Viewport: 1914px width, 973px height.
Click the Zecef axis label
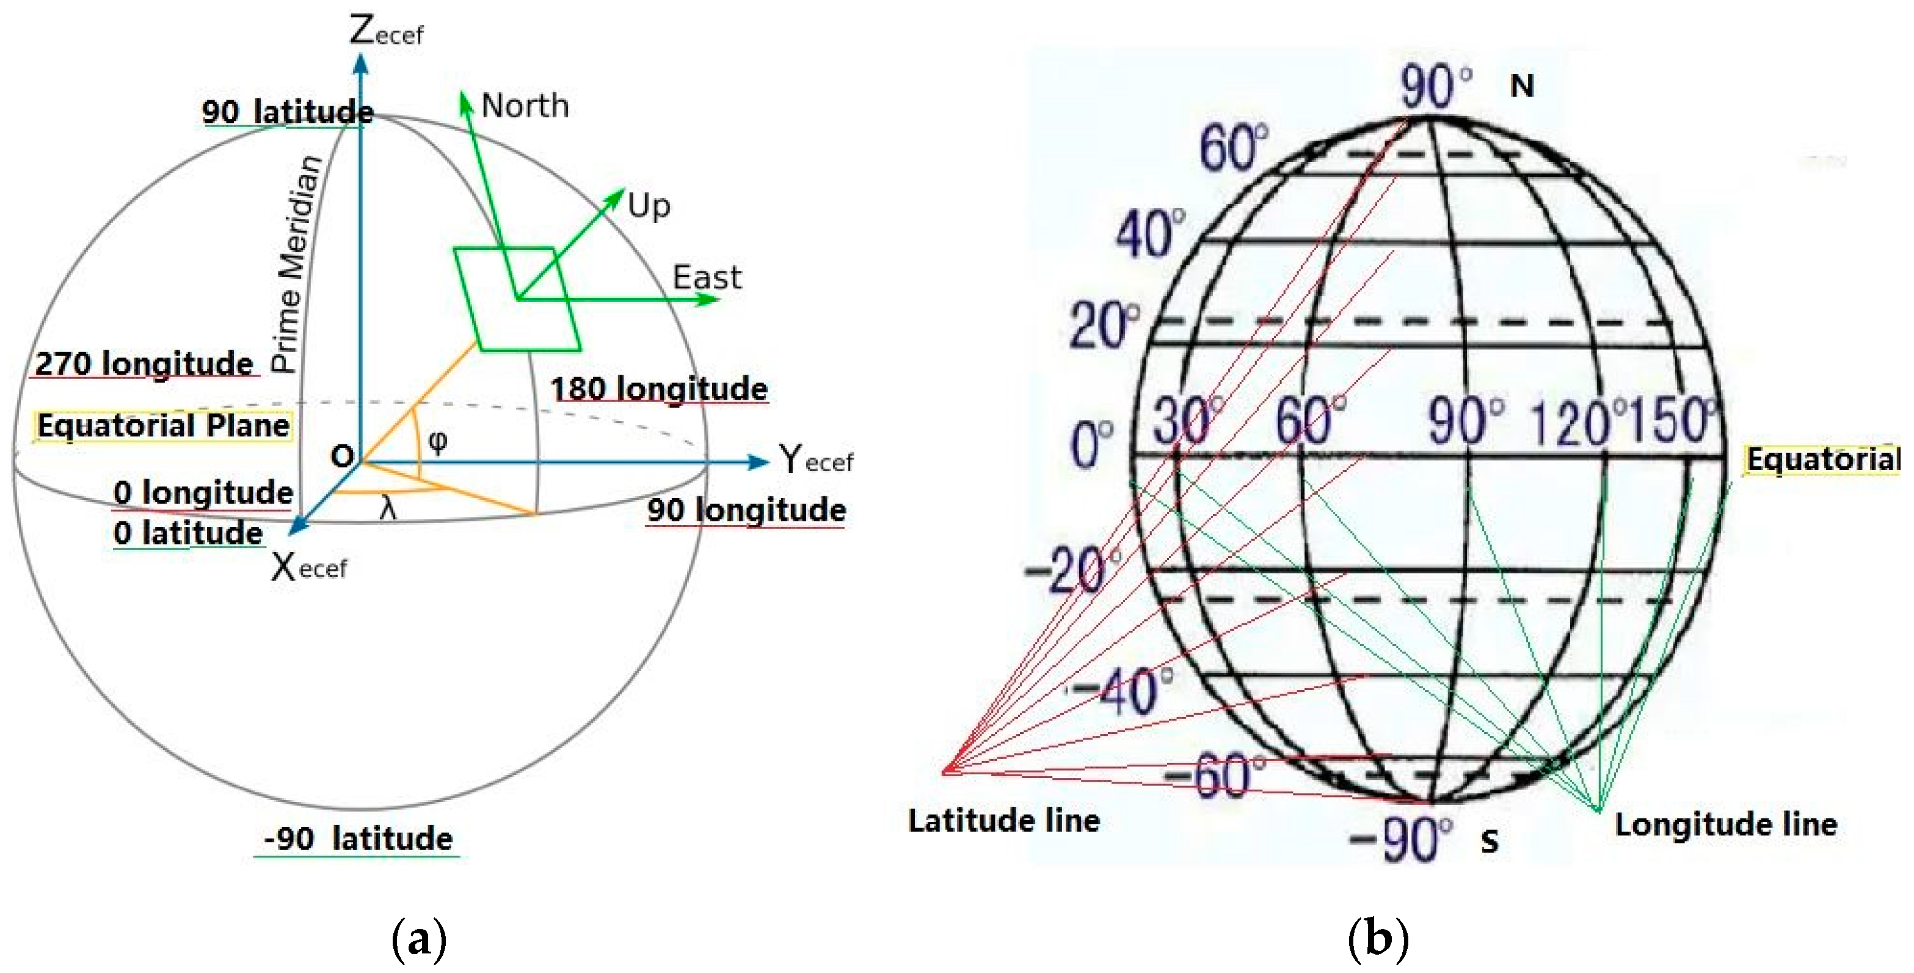pyautogui.click(x=385, y=32)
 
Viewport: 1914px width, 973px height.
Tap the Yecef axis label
pyautogui.click(x=816, y=460)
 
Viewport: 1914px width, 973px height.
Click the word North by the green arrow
pyautogui.click(x=525, y=106)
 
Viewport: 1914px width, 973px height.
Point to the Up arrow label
pyautogui.click(x=649, y=205)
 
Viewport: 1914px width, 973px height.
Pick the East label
pyautogui.click(x=707, y=278)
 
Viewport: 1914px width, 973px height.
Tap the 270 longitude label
pyautogui.click(x=144, y=364)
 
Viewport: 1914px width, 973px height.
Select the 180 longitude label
pyautogui.click(x=658, y=389)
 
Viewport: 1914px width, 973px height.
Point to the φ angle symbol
pyautogui.click(x=438, y=441)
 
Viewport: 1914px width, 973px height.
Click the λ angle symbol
pyautogui.click(x=387, y=509)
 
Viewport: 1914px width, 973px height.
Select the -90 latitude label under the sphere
pyautogui.click(x=357, y=839)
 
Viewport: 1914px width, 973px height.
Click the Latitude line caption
pyautogui.click(x=1004, y=821)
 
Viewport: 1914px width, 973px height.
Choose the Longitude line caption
pyautogui.click(x=1725, y=825)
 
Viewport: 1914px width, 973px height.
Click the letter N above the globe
pyautogui.click(x=1522, y=87)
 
